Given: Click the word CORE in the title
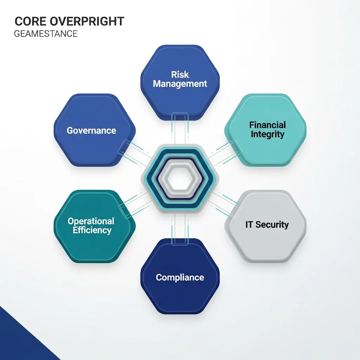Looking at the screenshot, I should [x=30, y=21].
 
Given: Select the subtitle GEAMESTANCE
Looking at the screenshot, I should [x=46, y=34].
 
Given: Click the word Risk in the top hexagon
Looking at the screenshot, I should [x=180, y=75].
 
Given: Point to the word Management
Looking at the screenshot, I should [x=180, y=84].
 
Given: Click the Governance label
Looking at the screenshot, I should [x=91, y=130].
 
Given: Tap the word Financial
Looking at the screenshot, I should [x=267, y=125].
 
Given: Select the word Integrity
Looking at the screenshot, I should [x=267, y=134].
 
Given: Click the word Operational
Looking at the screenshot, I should [x=91, y=221].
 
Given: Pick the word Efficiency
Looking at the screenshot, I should [x=92, y=230].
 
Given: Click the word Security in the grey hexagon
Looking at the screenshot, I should [x=272, y=225].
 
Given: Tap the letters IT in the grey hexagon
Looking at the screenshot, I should [x=249, y=225].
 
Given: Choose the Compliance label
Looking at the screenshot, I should [x=180, y=277].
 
